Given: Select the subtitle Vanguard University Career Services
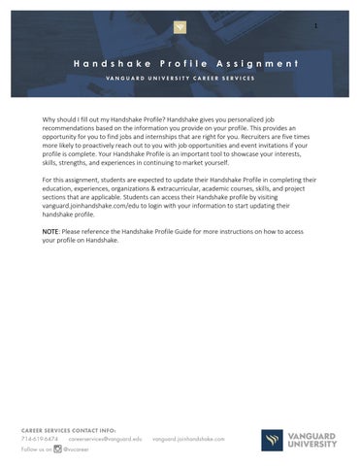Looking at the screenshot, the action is click(x=180, y=78).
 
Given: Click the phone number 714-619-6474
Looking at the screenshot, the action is click(x=40, y=439).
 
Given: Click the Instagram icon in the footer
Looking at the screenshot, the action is click(x=57, y=450).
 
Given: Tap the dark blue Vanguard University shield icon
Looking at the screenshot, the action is click(x=272, y=440).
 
